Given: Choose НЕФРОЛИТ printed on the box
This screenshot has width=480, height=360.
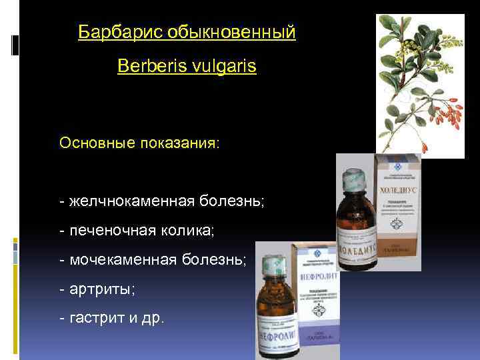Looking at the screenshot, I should (316, 274).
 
